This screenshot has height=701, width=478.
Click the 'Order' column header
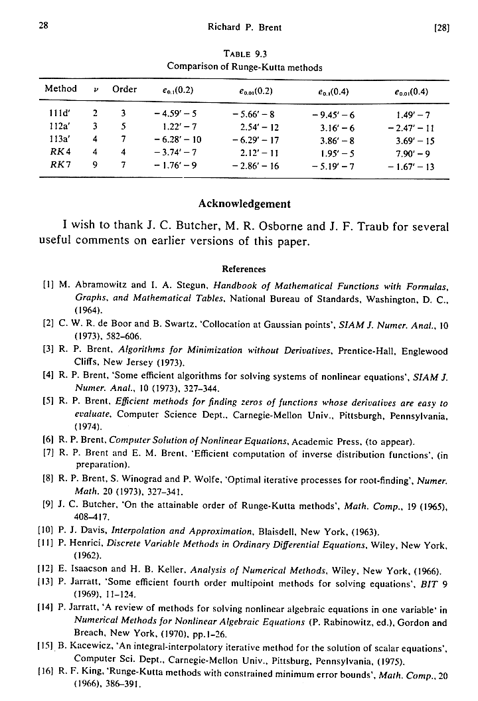125,89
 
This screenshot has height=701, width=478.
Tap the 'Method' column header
60,89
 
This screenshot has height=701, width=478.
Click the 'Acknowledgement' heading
244,204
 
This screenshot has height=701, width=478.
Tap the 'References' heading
244,270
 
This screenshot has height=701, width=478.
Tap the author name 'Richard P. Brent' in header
245,27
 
